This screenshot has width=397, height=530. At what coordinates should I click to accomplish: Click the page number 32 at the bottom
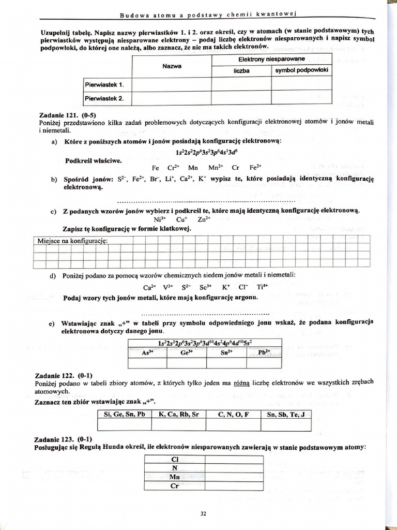point(203,513)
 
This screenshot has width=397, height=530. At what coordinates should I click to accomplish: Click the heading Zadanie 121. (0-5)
point(68,115)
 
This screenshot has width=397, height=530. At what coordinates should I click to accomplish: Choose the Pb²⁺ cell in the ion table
point(264,352)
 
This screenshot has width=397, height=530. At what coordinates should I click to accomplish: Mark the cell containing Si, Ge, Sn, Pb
point(124,414)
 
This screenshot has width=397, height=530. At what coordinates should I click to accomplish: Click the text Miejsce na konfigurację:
point(72,241)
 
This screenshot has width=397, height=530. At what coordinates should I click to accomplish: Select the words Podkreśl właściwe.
point(93,160)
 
